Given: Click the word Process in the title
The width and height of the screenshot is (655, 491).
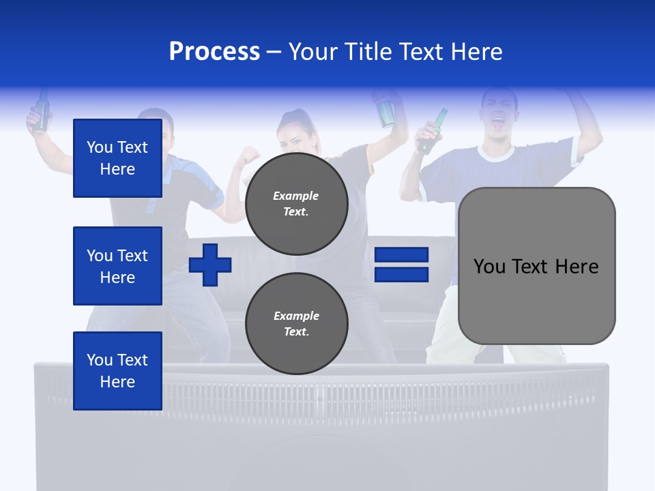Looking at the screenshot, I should [214, 52].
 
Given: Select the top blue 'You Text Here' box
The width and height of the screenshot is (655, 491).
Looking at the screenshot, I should [117, 158].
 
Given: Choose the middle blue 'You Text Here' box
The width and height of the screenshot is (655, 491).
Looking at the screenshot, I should [117, 266].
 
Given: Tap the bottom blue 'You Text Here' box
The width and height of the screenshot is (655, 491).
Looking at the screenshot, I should [117, 371].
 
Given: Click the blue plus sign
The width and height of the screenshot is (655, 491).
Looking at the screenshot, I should [210, 265].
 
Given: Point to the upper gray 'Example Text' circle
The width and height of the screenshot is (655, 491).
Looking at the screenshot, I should [296, 203].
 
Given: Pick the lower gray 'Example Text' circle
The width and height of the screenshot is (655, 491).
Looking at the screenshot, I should [296, 323].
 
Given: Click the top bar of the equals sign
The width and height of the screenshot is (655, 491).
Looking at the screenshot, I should [401, 255].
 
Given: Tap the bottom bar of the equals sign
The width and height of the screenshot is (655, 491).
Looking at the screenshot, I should [401, 275].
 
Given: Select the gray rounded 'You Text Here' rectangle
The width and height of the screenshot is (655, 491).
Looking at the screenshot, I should [536, 266].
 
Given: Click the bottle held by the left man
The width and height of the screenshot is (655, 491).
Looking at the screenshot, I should [42, 111].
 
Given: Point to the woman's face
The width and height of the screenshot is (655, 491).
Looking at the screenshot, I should [297, 136].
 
